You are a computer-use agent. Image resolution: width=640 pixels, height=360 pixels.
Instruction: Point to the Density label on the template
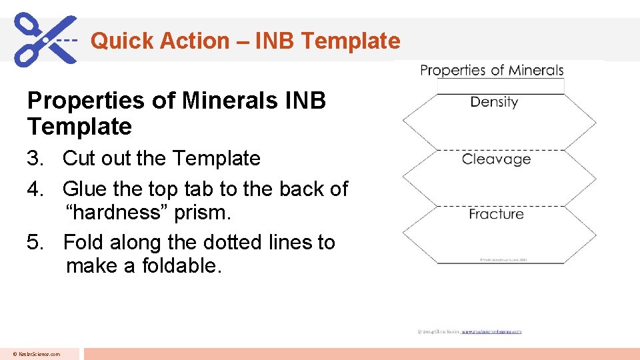pos(494,102)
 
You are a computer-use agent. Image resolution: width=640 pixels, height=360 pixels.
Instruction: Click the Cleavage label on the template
pos(496,159)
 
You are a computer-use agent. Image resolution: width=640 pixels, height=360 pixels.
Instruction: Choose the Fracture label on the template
pos(496,214)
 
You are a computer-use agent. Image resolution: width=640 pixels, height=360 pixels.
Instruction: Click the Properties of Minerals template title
pos(491,71)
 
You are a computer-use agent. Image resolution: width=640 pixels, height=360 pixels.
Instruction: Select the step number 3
pos(35,159)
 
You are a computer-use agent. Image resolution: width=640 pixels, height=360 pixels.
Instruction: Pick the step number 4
pos(35,189)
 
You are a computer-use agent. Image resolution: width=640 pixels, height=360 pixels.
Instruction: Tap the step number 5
pos(35,242)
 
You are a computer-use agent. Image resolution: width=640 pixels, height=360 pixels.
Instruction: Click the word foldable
pos(183,266)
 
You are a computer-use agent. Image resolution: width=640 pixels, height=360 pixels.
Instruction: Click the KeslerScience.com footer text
pos(39,354)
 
